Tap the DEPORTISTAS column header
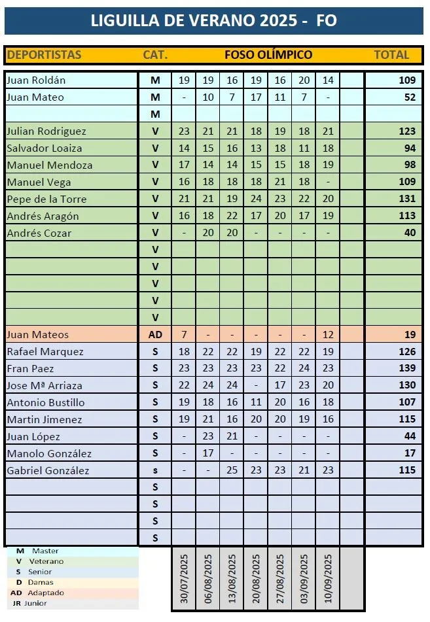[44, 55]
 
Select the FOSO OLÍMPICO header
[268, 55]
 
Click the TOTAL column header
[391, 55]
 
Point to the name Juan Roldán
[36, 80]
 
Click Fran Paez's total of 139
[407, 368]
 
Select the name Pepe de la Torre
[46, 199]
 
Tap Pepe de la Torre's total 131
[407, 199]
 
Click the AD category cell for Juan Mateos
[155, 334]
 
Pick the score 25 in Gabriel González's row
[232, 470]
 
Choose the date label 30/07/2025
[184, 579]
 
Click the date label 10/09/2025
[328, 579]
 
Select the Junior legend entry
[36, 603]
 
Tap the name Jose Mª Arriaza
[45, 385]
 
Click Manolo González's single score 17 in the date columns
[208, 453]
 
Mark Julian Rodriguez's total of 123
[407, 131]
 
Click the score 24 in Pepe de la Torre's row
[256, 199]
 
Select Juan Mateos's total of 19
[410, 334]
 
